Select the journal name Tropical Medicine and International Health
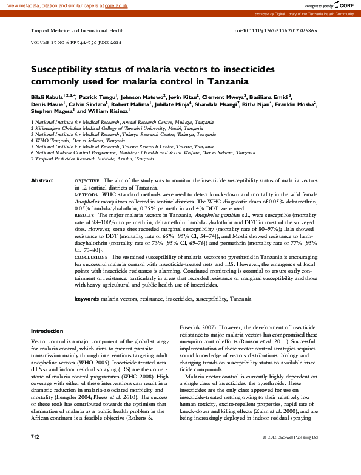click(77, 30)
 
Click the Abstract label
click(42, 181)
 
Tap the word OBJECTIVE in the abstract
click(87, 182)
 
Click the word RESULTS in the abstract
click(84, 215)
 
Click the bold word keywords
click(87, 299)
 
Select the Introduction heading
click(47, 331)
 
